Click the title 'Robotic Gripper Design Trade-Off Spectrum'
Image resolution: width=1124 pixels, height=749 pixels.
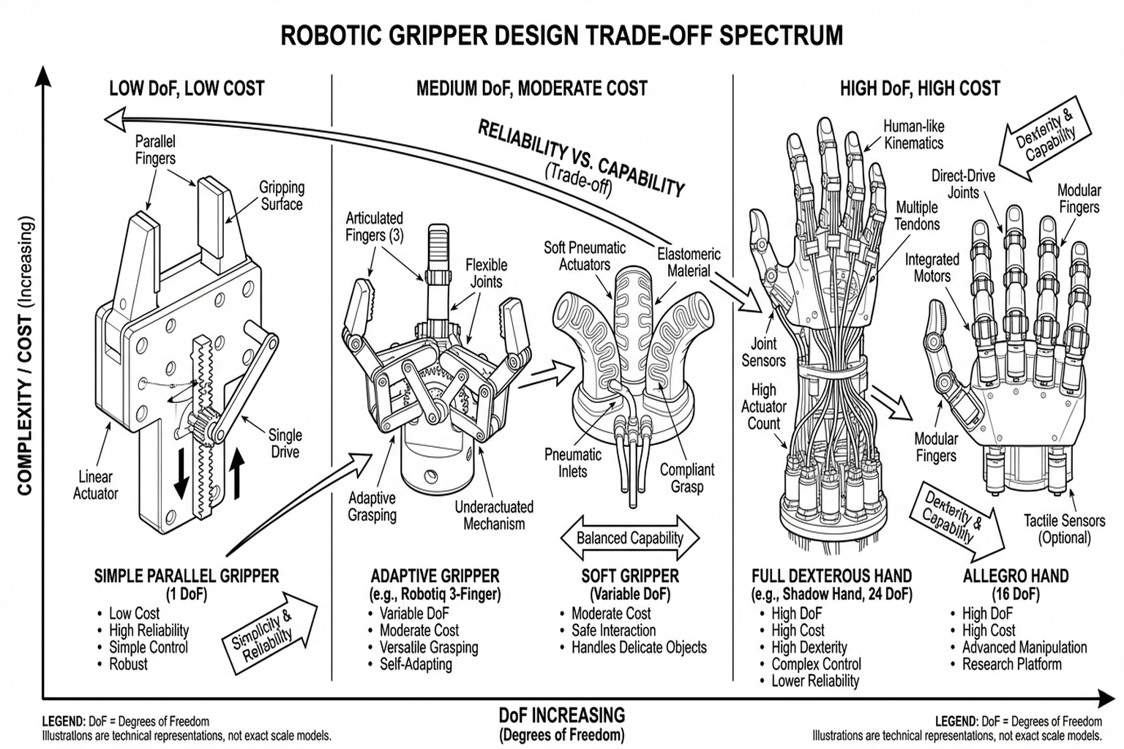(561, 35)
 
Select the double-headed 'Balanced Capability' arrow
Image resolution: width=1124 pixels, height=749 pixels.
(629, 538)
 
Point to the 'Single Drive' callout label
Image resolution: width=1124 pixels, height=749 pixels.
(285, 443)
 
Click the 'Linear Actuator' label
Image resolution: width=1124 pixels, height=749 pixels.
(95, 485)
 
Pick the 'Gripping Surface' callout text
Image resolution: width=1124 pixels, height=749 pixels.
(282, 195)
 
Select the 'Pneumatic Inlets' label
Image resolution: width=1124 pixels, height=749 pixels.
(573, 463)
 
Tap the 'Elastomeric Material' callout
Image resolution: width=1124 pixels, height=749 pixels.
(689, 263)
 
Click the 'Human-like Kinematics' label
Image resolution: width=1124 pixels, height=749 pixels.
(914, 135)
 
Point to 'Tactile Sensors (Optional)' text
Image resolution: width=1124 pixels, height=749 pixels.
(1064, 529)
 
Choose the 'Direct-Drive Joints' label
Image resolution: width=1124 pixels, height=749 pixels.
(963, 184)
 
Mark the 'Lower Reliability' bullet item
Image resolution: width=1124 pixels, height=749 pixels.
(815, 681)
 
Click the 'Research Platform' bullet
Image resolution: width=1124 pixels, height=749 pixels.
(1011, 664)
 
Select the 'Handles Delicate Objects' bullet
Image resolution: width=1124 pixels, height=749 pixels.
(639, 647)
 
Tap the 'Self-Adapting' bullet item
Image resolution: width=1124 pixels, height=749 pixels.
(416, 664)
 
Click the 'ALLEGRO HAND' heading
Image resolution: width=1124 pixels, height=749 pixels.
(1016, 576)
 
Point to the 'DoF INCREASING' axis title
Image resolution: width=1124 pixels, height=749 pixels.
(562, 715)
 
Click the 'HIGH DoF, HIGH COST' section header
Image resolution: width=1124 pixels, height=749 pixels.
(920, 89)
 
